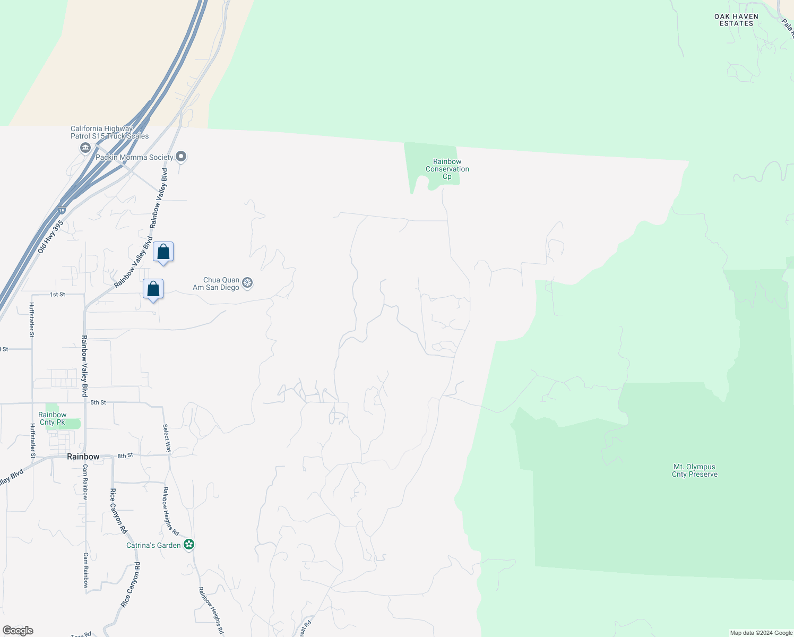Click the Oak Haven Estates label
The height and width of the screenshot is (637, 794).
(x=736, y=20)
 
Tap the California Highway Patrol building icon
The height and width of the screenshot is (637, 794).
(x=85, y=148)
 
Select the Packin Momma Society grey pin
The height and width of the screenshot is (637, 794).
(x=181, y=157)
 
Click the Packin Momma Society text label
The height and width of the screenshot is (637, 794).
(x=134, y=157)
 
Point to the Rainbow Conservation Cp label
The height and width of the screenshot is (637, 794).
(x=447, y=169)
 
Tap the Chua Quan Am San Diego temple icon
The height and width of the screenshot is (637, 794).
(x=247, y=283)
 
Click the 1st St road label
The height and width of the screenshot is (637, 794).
(x=57, y=294)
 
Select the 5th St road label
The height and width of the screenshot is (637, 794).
(x=98, y=402)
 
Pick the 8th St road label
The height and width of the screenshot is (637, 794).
(x=125, y=455)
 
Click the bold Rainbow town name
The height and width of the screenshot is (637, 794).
(x=83, y=457)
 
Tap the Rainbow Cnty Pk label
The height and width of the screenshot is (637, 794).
(x=53, y=418)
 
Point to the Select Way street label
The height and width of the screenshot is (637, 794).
(x=167, y=438)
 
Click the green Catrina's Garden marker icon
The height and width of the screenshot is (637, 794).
(x=189, y=545)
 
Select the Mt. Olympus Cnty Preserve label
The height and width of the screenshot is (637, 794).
(x=694, y=470)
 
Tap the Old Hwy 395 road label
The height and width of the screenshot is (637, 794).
(x=50, y=236)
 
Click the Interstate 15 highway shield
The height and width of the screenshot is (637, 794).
(x=62, y=211)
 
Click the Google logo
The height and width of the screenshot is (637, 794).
(x=18, y=630)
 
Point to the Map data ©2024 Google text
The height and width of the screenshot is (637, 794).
(x=761, y=633)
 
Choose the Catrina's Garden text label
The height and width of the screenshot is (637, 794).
(x=153, y=545)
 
